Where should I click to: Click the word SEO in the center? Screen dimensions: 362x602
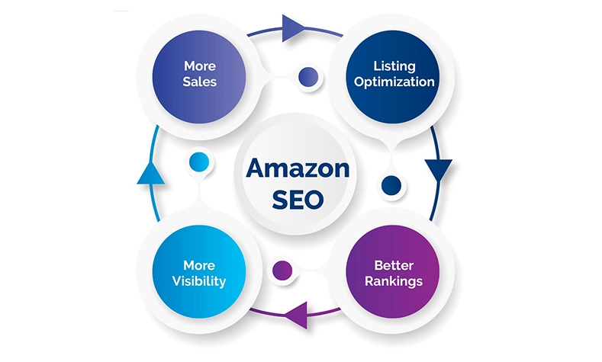pos(298,199)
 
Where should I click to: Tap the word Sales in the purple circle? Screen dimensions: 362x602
pos(199,82)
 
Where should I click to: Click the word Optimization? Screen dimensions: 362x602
pos(394,82)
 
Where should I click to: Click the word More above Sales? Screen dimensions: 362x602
pos(199,66)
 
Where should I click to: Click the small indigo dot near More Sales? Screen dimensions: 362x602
pos(308,76)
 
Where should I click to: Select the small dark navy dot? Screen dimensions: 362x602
pos(391,184)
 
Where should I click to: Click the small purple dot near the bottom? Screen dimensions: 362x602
pos(283,268)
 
